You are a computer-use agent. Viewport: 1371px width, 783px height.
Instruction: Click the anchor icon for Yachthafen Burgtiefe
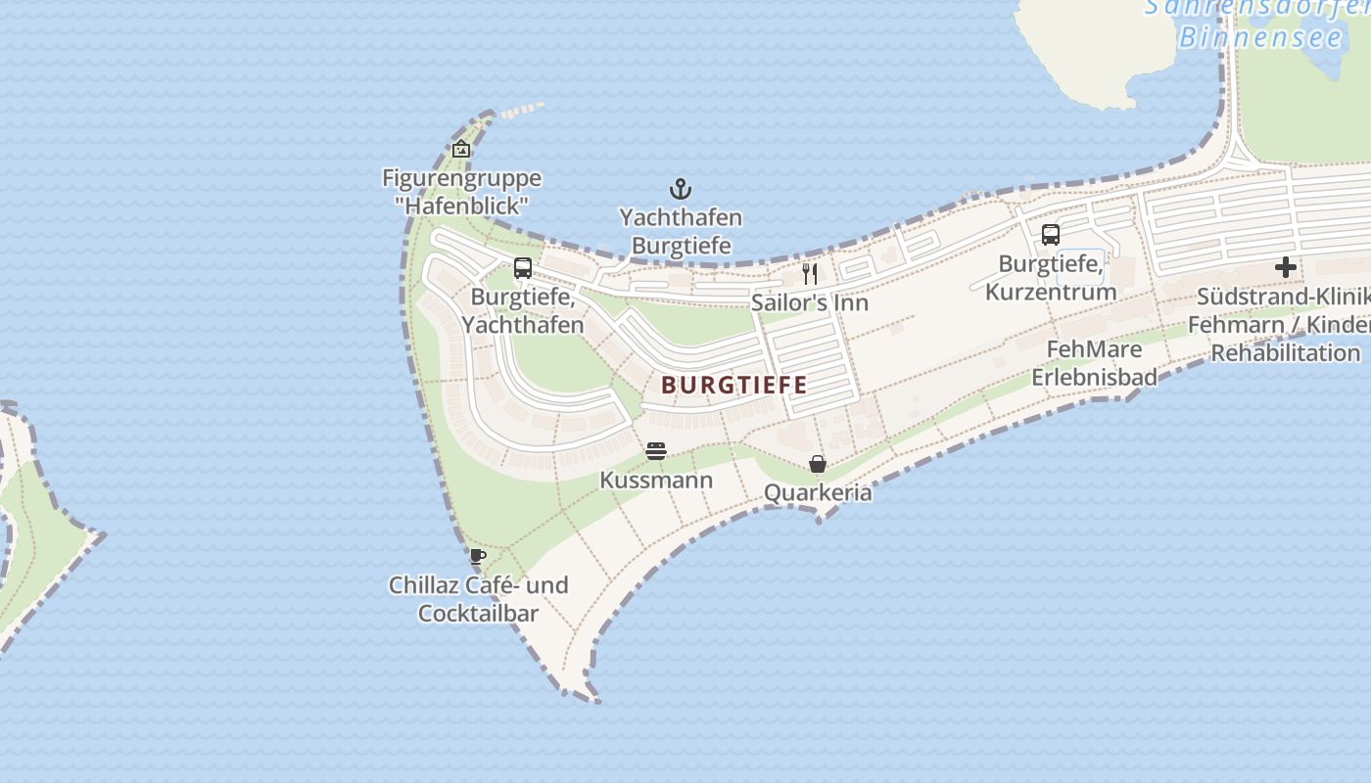tap(681, 189)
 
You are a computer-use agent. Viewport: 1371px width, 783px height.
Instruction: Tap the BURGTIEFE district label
tap(734, 385)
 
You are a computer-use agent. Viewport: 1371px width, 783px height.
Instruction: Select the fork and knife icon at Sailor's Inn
tap(810, 273)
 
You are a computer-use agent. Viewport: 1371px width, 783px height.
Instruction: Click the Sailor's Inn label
tap(810, 302)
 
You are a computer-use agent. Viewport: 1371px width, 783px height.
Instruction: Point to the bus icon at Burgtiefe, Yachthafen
tap(523, 268)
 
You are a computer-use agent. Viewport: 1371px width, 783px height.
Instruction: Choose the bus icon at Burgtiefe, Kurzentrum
tap(1051, 235)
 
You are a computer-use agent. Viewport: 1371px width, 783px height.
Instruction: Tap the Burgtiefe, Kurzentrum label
tap(1051, 278)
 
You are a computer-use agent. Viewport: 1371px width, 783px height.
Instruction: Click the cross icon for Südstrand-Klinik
tap(1286, 267)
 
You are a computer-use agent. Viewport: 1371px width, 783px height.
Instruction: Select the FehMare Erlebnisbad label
tap(1094, 363)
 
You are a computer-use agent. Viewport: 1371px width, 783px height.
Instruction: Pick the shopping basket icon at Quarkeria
tap(818, 464)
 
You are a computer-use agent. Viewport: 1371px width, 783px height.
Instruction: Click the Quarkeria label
tap(818, 492)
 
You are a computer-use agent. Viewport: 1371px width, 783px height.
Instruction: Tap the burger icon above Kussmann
tap(656, 451)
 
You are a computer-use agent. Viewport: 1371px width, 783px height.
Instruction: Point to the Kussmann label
tap(656, 481)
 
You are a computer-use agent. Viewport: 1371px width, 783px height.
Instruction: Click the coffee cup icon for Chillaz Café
tap(478, 557)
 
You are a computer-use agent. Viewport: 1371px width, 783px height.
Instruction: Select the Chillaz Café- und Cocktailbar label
tap(478, 599)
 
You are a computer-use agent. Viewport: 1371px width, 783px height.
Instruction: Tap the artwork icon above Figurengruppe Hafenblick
tap(461, 149)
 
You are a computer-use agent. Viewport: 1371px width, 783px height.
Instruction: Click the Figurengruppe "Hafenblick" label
tap(461, 192)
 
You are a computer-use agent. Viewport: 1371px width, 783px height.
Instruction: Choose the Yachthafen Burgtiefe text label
tap(681, 231)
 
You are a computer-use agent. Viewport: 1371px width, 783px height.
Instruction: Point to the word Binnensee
tap(1260, 38)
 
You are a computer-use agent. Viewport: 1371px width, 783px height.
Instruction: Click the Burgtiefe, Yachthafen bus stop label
tap(523, 310)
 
